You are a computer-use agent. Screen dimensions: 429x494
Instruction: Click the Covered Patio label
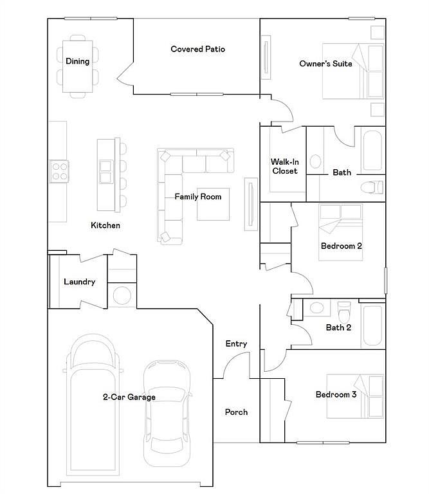[198, 49]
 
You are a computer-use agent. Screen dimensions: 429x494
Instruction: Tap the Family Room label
[198, 197]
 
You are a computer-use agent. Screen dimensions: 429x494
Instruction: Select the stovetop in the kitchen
[59, 172]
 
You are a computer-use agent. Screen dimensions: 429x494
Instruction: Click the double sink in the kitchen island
[105, 172]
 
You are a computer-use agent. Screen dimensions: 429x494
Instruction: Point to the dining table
[77, 66]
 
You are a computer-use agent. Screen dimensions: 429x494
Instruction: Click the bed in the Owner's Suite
[353, 71]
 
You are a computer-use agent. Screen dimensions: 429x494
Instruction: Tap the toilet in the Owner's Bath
[372, 187]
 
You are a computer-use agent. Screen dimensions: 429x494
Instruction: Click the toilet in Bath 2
[344, 312]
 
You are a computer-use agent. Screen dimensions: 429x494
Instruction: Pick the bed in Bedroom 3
[355, 396]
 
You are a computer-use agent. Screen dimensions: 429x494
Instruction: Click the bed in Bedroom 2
[341, 232]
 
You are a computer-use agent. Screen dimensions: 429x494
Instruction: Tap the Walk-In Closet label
[285, 167]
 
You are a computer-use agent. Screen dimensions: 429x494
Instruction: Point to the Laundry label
[79, 282]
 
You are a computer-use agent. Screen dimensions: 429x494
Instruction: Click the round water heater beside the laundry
[122, 295]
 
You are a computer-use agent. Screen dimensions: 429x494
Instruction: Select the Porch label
[236, 412]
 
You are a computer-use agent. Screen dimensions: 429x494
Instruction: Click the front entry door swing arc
[232, 358]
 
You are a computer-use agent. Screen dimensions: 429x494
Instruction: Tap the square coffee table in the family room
[214, 204]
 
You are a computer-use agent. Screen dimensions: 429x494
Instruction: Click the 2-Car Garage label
[129, 397]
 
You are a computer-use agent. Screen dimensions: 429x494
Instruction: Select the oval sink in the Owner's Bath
[315, 161]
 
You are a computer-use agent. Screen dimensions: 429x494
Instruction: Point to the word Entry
[236, 343]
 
